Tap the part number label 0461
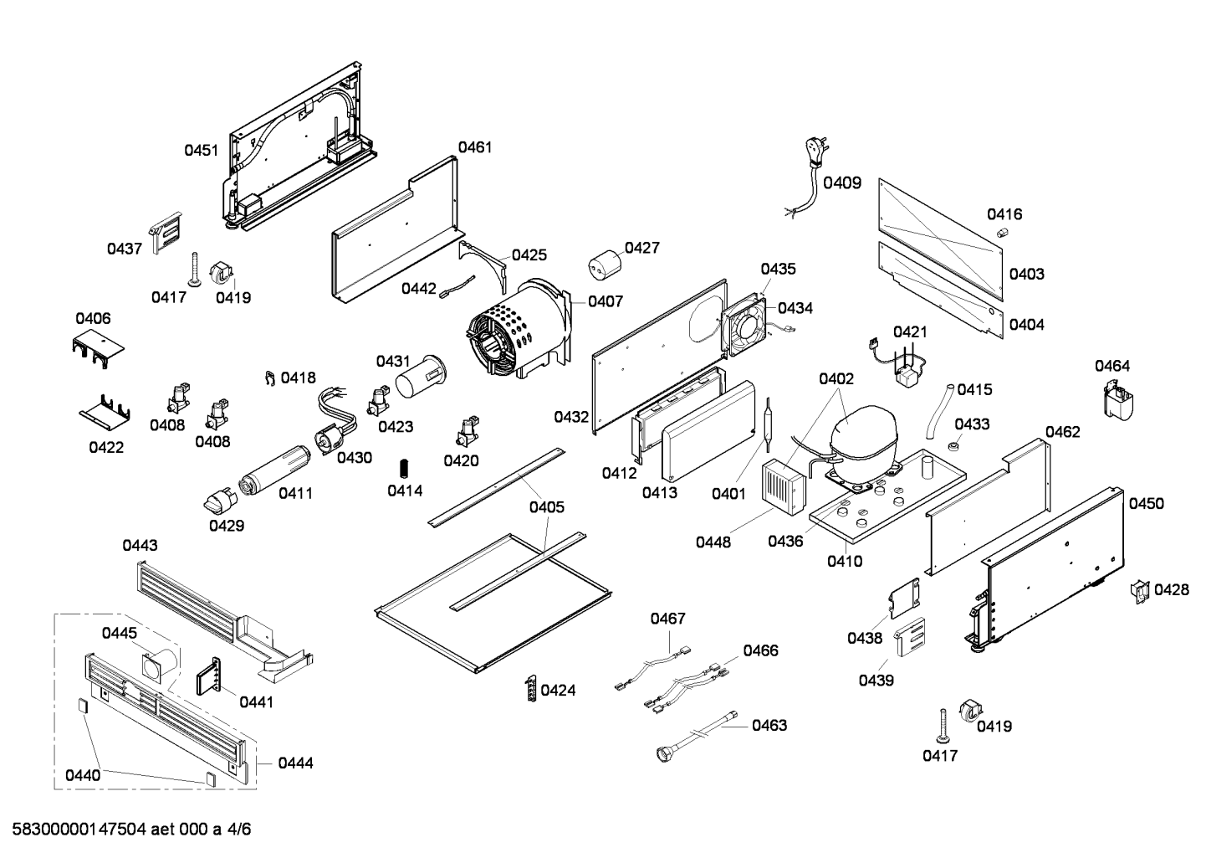[474, 147]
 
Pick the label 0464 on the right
[1111, 366]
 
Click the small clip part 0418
[270, 378]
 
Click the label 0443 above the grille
[140, 545]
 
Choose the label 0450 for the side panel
[1146, 503]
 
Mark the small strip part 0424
[530, 688]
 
